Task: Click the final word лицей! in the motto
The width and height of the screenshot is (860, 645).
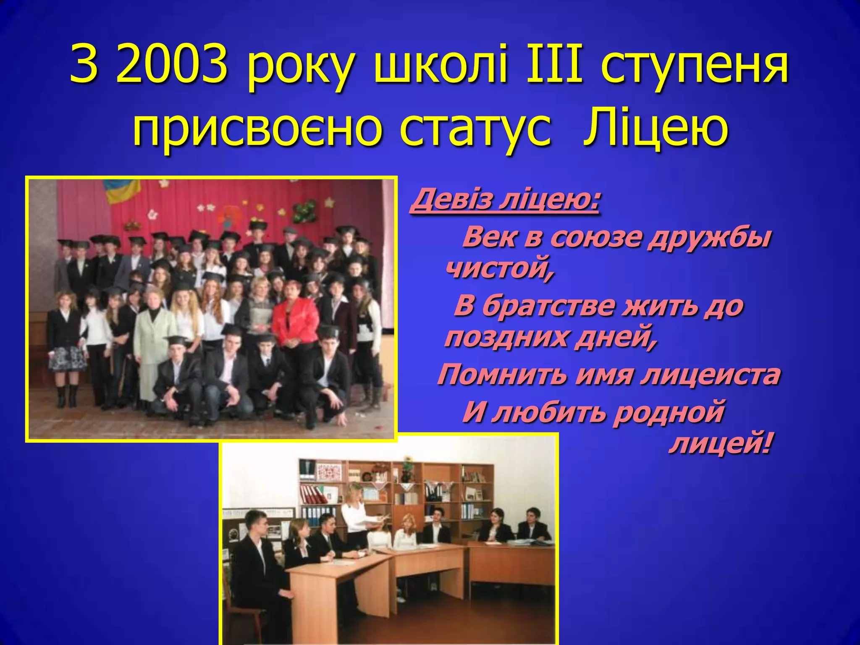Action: tap(721, 444)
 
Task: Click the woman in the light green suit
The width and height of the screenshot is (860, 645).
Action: tap(153, 336)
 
